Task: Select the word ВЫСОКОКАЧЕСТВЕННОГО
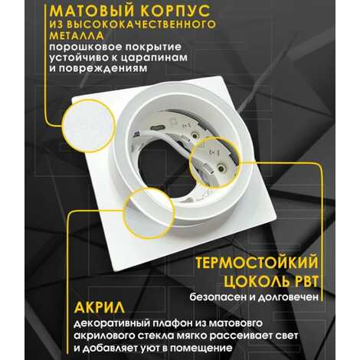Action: click(141, 24)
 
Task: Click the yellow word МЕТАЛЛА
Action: click(77, 35)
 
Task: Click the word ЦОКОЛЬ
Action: click(254, 282)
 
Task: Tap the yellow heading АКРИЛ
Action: click(100, 308)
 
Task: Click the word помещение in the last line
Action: click(201, 348)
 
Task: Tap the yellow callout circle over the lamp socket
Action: click(215, 162)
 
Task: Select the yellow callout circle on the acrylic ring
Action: click(149, 213)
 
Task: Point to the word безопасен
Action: click(216, 297)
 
